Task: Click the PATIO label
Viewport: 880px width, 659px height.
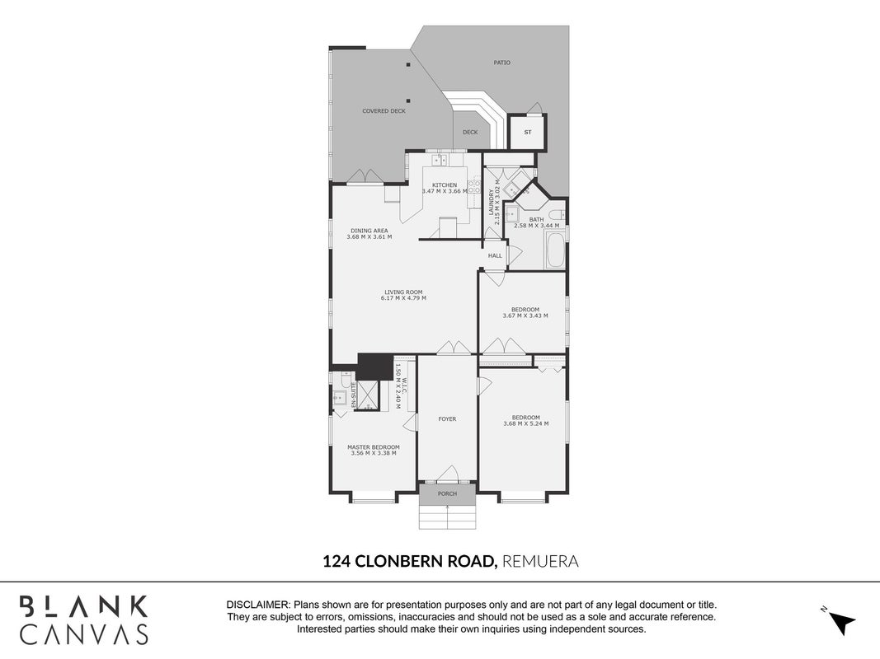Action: pyautogui.click(x=501, y=63)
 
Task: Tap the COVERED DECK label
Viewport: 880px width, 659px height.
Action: pyautogui.click(x=384, y=111)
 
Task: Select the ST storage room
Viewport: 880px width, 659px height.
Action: pyautogui.click(x=528, y=133)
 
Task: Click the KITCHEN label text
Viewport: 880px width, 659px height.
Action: pyautogui.click(x=445, y=185)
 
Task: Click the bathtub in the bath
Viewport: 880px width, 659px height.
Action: pyautogui.click(x=555, y=250)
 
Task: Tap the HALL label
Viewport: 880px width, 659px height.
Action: pyautogui.click(x=495, y=255)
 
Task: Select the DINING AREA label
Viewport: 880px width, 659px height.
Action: pyautogui.click(x=369, y=231)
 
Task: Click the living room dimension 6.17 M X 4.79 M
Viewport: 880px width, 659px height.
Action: pyautogui.click(x=403, y=298)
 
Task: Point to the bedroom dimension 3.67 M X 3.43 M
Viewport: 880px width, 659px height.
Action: pyautogui.click(x=525, y=315)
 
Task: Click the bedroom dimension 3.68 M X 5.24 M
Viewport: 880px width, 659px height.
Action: pyautogui.click(x=526, y=423)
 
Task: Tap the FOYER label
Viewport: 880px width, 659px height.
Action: pyautogui.click(x=447, y=418)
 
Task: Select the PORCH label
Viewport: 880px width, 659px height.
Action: pyautogui.click(x=447, y=493)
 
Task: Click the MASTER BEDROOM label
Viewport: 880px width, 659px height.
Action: pyautogui.click(x=374, y=447)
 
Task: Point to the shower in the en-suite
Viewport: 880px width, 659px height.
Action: pyautogui.click(x=369, y=395)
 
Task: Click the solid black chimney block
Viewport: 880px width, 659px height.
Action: pyautogui.click(x=375, y=367)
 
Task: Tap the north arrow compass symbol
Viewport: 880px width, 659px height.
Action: pyautogui.click(x=840, y=621)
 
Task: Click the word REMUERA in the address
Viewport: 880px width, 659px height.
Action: pyautogui.click(x=540, y=561)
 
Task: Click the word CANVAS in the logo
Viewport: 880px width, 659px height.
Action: pyautogui.click(x=84, y=633)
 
